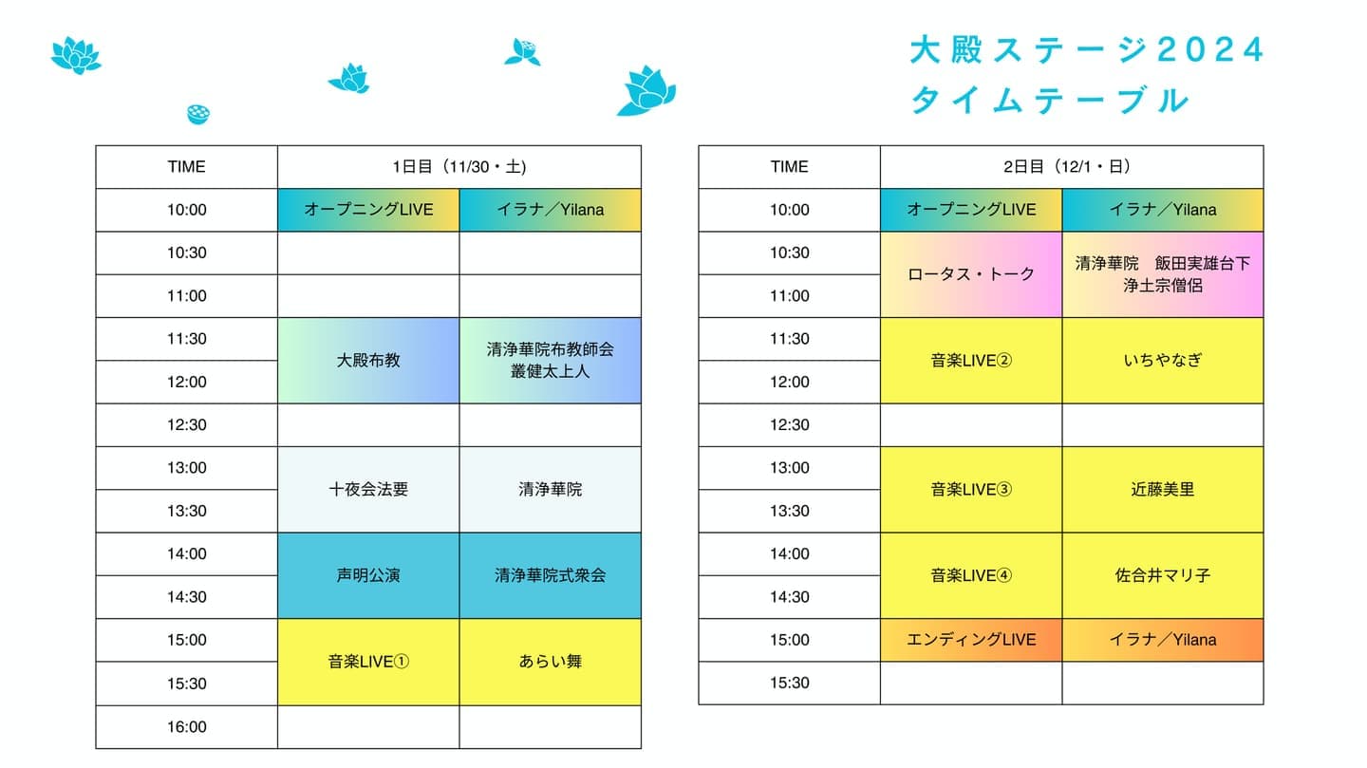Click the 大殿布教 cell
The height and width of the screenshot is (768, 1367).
pyautogui.click(x=368, y=360)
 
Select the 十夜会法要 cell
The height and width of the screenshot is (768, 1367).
pyautogui.click(x=368, y=490)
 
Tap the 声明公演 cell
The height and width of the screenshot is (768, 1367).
pyautogui.click(x=368, y=575)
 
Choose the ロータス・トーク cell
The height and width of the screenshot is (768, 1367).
pyautogui.click(x=971, y=274)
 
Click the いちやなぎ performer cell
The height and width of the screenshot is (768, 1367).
pyautogui.click(x=1163, y=360)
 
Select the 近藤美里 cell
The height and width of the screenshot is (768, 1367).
pyautogui.click(x=1163, y=490)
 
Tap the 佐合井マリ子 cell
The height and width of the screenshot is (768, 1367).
pyautogui.click(x=1163, y=575)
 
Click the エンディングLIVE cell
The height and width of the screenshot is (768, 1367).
pyautogui.click(x=971, y=640)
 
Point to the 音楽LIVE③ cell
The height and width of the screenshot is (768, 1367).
pyautogui.click(x=971, y=490)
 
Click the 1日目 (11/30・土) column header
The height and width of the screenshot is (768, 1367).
pyautogui.click(x=459, y=167)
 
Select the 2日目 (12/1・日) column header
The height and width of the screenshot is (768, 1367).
pyautogui.click(x=1072, y=167)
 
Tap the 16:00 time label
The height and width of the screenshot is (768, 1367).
pyautogui.click(x=187, y=727)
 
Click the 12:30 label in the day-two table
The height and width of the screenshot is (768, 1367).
pyautogui.click(x=789, y=425)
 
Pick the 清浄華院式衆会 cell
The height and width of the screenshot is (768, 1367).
pyautogui.click(x=550, y=575)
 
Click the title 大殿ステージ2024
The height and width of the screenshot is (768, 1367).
pyautogui.click(x=1086, y=49)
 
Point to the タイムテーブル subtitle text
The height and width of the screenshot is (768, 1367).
pyautogui.click(x=1050, y=100)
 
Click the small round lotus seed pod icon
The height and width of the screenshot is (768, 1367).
pyautogui.click(x=198, y=114)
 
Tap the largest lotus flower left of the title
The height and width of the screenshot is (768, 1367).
pyautogui.click(x=646, y=91)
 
